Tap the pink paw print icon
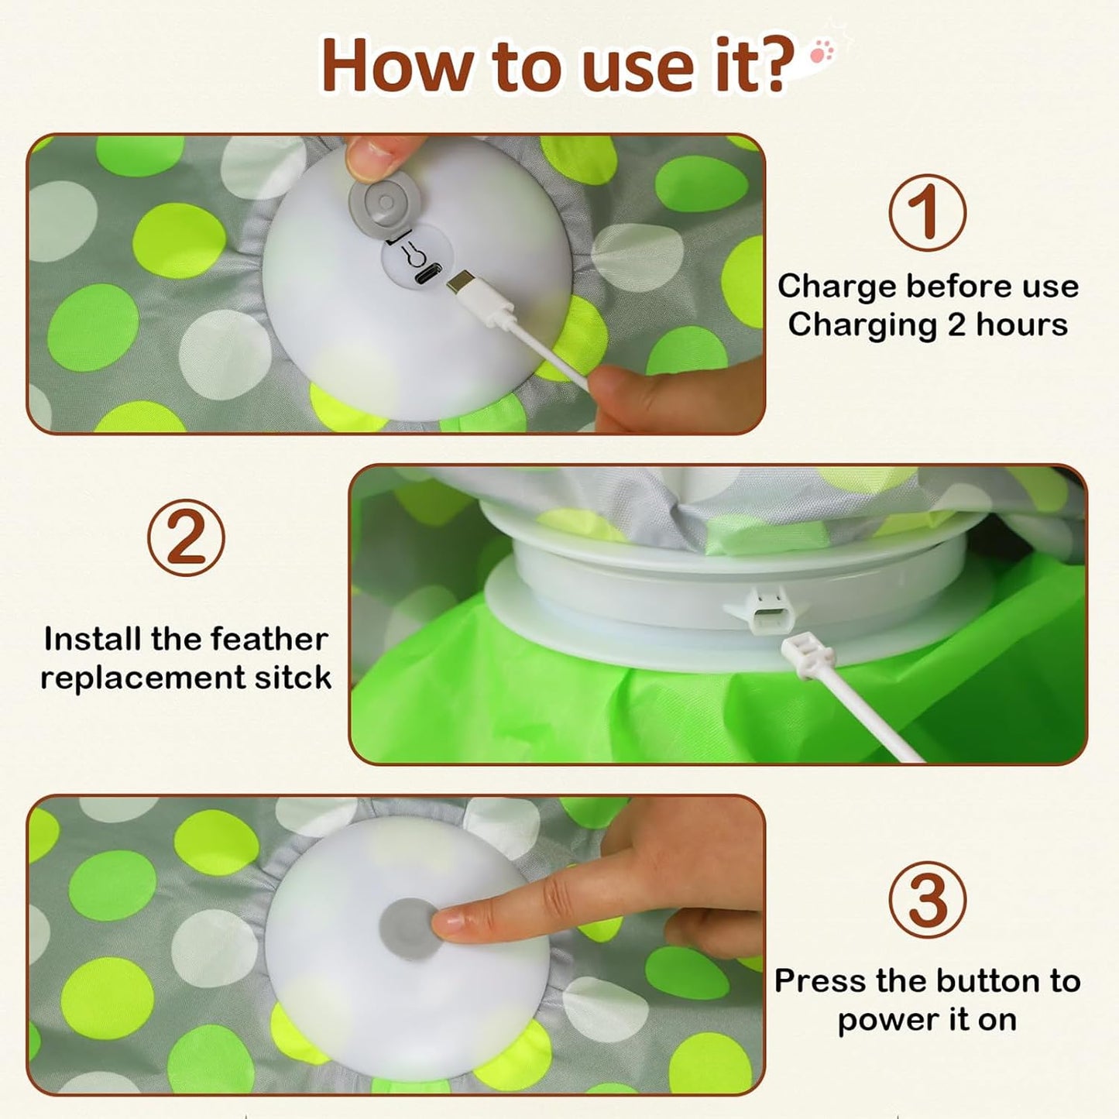pyautogui.click(x=822, y=52)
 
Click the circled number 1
pyautogui.click(x=927, y=213)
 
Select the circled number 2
pyautogui.click(x=186, y=537)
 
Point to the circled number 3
pyautogui.click(x=927, y=900)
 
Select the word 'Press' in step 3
pyautogui.click(x=820, y=981)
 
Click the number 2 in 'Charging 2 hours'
pyautogui.click(x=956, y=325)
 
